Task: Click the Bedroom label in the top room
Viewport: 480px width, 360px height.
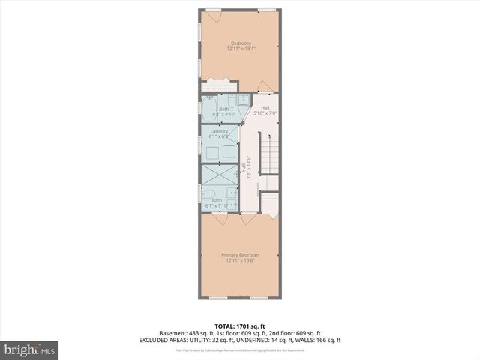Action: [x=241, y=43]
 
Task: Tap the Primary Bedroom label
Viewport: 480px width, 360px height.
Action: [x=241, y=255]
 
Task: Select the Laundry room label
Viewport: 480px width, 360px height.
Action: [x=219, y=131]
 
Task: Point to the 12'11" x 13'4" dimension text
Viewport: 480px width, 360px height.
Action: [x=241, y=49]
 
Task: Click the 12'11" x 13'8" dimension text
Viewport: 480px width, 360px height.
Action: [x=241, y=261]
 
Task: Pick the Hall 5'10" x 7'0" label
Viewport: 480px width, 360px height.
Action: [x=265, y=110]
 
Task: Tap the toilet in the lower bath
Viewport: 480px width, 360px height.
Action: [x=210, y=198]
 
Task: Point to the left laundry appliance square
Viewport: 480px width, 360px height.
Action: [x=213, y=152]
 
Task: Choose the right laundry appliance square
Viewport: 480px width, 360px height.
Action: [x=227, y=152]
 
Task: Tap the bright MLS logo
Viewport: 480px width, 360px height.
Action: [x=30, y=349]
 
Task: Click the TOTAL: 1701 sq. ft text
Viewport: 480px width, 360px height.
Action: [x=241, y=326]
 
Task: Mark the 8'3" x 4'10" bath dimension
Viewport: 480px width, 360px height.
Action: [x=224, y=114]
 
